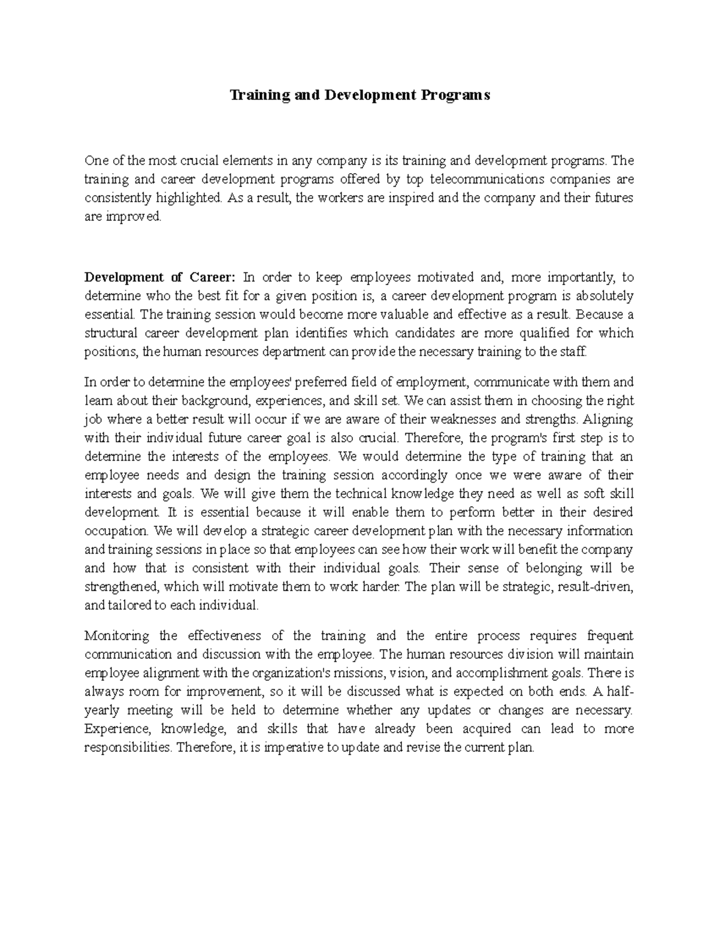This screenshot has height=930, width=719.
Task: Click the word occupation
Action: pyautogui.click(x=117, y=531)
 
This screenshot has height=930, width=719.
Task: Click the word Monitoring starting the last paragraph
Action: pyautogui.click(x=118, y=635)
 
